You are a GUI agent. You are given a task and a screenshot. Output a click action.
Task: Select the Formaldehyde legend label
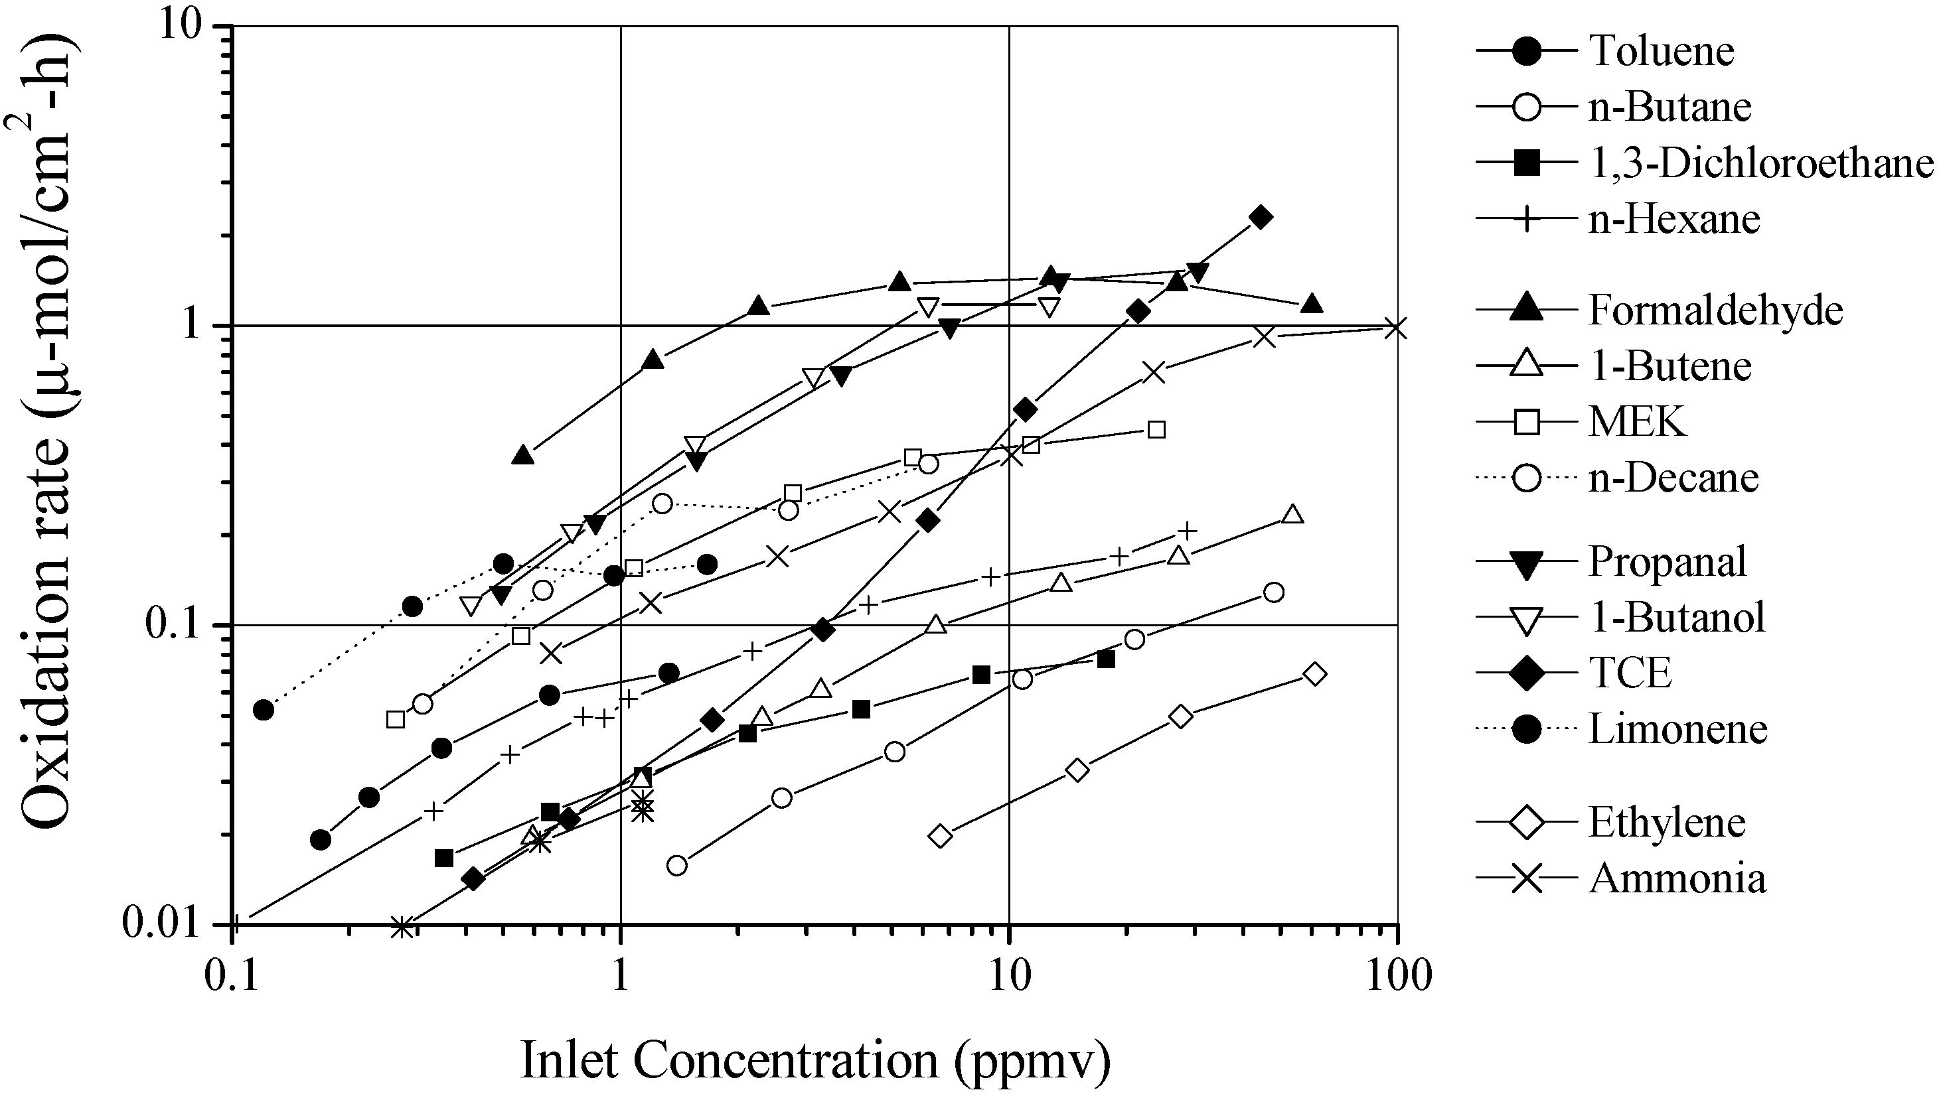coord(1715,310)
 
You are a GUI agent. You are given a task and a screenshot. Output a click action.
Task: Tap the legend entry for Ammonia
coord(1677,878)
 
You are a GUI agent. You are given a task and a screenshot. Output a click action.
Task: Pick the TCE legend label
coord(1630,672)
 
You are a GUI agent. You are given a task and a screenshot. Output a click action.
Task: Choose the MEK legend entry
coord(1638,421)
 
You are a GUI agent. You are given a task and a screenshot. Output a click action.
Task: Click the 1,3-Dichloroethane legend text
coord(1760,163)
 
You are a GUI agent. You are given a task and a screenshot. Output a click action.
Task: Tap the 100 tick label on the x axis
coord(1398,977)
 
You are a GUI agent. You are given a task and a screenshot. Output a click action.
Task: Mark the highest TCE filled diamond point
coord(1261,218)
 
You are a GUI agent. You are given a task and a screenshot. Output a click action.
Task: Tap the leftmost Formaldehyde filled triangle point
coord(523,454)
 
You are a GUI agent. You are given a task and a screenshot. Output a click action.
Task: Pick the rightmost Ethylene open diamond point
coord(1314,673)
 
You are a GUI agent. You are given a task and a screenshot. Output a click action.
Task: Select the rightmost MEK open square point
coord(1157,430)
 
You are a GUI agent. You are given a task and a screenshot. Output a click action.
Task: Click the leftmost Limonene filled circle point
coord(263,709)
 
